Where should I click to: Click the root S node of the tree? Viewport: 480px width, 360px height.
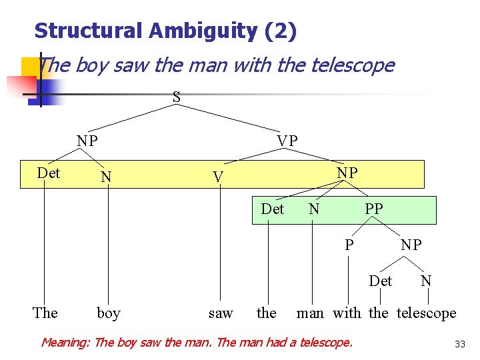(x=177, y=98)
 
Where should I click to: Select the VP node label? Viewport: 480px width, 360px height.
(x=287, y=141)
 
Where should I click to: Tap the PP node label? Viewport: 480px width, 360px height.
(x=373, y=209)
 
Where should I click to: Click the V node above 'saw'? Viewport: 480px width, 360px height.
(x=217, y=177)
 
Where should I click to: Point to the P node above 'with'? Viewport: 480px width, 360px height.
(x=349, y=245)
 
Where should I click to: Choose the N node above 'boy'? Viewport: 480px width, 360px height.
(x=105, y=177)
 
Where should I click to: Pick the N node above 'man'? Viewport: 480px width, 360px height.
(x=314, y=209)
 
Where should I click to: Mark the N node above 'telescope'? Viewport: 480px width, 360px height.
(x=426, y=281)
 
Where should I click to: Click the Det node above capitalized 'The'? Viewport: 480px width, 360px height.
(x=48, y=173)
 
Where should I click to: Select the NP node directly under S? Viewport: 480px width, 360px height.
(x=87, y=141)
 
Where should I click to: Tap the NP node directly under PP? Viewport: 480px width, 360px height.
(x=411, y=245)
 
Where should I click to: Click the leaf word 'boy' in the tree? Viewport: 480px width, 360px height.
(x=109, y=313)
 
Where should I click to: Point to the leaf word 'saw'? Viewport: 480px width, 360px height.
(x=221, y=313)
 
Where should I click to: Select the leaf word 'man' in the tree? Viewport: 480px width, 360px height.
(x=310, y=313)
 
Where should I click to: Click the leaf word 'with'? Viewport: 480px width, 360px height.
(x=347, y=313)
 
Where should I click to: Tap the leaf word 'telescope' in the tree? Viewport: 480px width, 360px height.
(x=427, y=313)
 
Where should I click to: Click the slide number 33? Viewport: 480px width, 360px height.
(x=459, y=344)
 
